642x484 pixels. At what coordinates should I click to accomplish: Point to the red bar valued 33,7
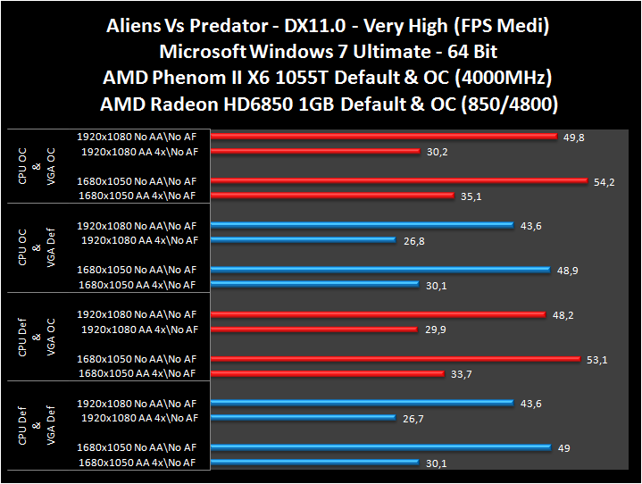pos(328,374)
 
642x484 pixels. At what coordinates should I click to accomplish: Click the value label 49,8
pos(574,137)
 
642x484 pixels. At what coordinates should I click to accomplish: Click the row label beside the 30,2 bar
pos(139,152)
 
